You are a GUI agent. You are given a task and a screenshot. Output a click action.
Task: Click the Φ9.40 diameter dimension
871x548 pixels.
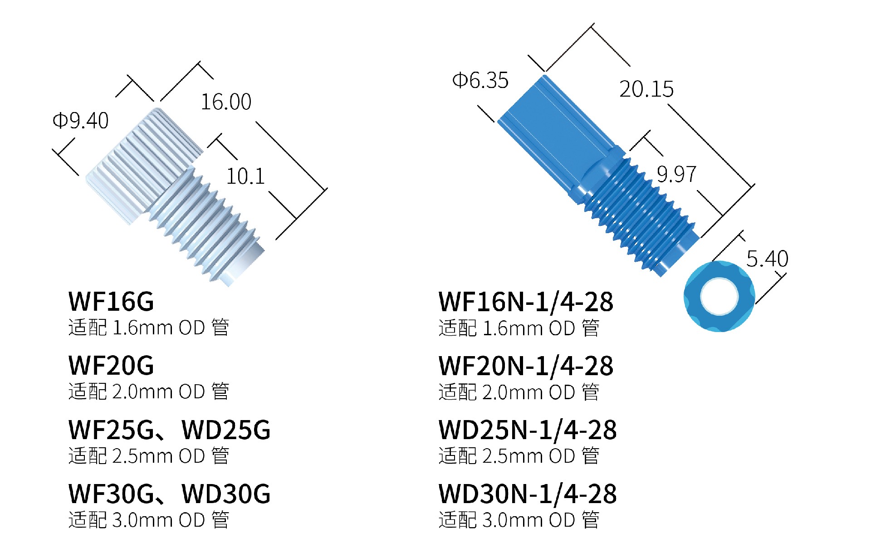81,121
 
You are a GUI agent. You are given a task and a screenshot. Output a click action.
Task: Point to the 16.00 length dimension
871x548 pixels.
226,102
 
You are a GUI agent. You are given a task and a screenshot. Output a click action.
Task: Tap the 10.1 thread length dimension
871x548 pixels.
245,176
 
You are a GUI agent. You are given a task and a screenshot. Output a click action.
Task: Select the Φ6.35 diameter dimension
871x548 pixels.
480,81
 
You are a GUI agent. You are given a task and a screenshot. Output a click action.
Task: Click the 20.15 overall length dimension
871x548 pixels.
646,89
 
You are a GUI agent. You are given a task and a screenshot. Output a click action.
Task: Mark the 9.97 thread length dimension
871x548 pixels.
676,174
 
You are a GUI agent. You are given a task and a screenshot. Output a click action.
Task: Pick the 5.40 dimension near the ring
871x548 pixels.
767,259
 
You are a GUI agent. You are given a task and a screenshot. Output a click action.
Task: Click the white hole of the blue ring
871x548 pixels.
719,296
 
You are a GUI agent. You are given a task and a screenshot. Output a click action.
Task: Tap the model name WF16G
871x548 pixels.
111,302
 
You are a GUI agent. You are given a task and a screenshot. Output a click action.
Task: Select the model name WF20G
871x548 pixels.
111,366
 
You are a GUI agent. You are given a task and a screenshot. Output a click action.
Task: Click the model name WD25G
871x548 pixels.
226,430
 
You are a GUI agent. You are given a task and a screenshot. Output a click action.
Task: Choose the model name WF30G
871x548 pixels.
111,494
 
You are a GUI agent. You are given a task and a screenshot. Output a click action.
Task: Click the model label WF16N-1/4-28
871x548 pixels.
526,302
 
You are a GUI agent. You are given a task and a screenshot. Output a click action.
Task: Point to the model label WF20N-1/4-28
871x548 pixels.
526,366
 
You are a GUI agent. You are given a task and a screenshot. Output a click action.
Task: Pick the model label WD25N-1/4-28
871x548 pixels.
528,430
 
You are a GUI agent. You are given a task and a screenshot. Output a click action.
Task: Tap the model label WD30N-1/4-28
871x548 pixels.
528,494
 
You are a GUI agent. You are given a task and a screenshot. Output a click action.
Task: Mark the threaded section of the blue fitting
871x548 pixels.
640,213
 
